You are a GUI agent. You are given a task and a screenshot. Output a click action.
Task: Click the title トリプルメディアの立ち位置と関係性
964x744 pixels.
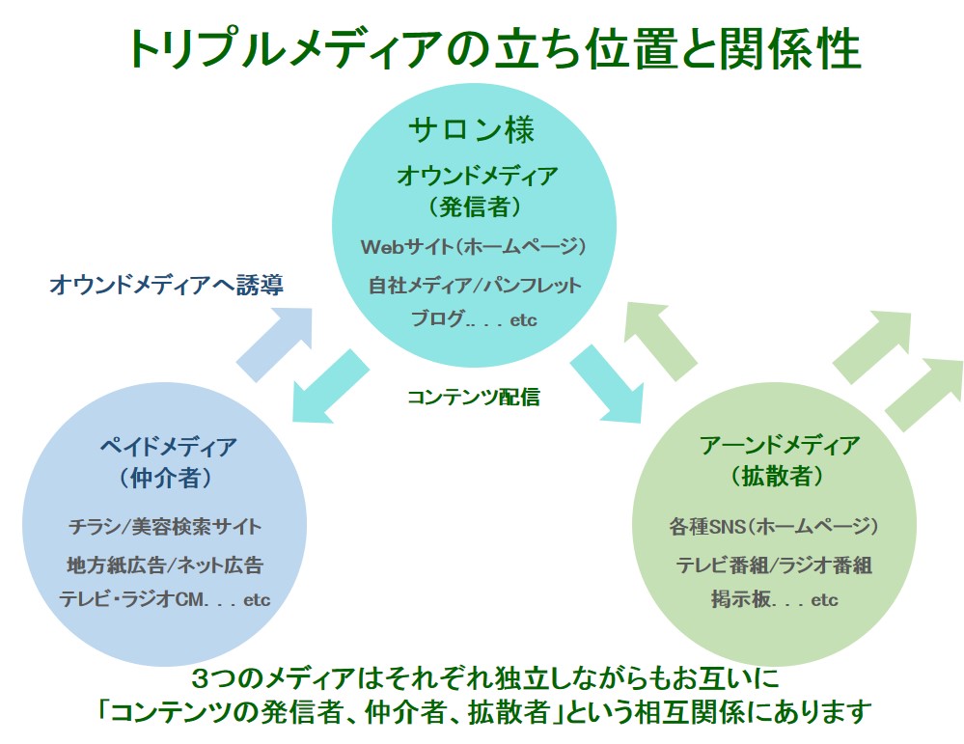tap(494, 49)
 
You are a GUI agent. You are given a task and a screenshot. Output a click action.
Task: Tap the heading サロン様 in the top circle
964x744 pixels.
tap(472, 129)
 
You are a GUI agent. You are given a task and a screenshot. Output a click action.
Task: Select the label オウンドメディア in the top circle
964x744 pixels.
tap(477, 176)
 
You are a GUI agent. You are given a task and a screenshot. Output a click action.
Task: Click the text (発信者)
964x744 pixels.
tap(475, 207)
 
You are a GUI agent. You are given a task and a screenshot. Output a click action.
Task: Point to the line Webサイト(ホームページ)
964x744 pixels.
tap(474, 247)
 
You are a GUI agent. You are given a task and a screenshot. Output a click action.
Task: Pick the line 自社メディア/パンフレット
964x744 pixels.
tap(474, 285)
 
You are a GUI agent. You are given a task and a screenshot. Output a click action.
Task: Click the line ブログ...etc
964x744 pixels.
tap(474, 318)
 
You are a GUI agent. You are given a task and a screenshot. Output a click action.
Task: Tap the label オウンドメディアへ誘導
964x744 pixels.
tap(166, 285)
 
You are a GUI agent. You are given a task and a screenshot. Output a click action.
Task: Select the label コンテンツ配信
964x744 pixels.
tap(474, 397)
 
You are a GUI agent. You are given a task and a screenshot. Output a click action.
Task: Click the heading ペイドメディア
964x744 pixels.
tap(169, 446)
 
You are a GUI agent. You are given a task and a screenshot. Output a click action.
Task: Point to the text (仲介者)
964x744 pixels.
tap(165, 477)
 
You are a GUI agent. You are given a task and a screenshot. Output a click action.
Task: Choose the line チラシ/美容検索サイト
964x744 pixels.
tap(165, 526)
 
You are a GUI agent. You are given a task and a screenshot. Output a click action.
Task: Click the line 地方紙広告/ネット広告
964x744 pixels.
tap(165, 565)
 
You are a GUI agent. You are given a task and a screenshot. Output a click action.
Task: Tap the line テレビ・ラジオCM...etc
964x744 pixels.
tap(165, 599)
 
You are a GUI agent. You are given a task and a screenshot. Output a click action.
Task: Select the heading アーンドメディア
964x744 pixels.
tap(779, 445)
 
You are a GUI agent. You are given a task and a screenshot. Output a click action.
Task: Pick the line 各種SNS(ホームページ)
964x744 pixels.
tap(773, 526)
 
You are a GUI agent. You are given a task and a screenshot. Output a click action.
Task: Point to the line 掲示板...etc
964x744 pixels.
tap(775, 599)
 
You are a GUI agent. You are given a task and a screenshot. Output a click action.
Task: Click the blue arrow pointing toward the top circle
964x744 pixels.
tap(275, 344)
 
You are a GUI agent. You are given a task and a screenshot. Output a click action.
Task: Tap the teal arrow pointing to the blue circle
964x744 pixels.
tap(330, 386)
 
